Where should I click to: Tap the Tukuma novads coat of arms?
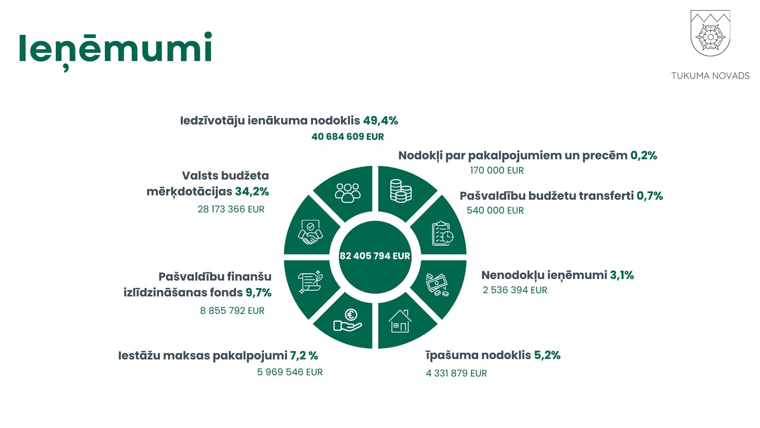710,33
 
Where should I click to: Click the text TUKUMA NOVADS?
710,76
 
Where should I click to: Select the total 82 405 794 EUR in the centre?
375,256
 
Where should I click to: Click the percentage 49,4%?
380,120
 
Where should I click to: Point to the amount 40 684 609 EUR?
348,137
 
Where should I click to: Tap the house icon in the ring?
400,321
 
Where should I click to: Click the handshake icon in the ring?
310,232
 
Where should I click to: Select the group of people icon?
348,193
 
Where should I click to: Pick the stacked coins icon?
401,191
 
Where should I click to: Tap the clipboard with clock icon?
443,234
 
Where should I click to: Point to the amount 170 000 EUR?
497,170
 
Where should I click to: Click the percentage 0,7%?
650,196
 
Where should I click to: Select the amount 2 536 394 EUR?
515,290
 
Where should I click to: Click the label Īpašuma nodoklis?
478,355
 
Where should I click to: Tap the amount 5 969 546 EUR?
290,372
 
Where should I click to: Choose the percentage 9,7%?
258,292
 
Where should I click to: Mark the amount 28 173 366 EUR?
231,209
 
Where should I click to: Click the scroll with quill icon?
310,282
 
